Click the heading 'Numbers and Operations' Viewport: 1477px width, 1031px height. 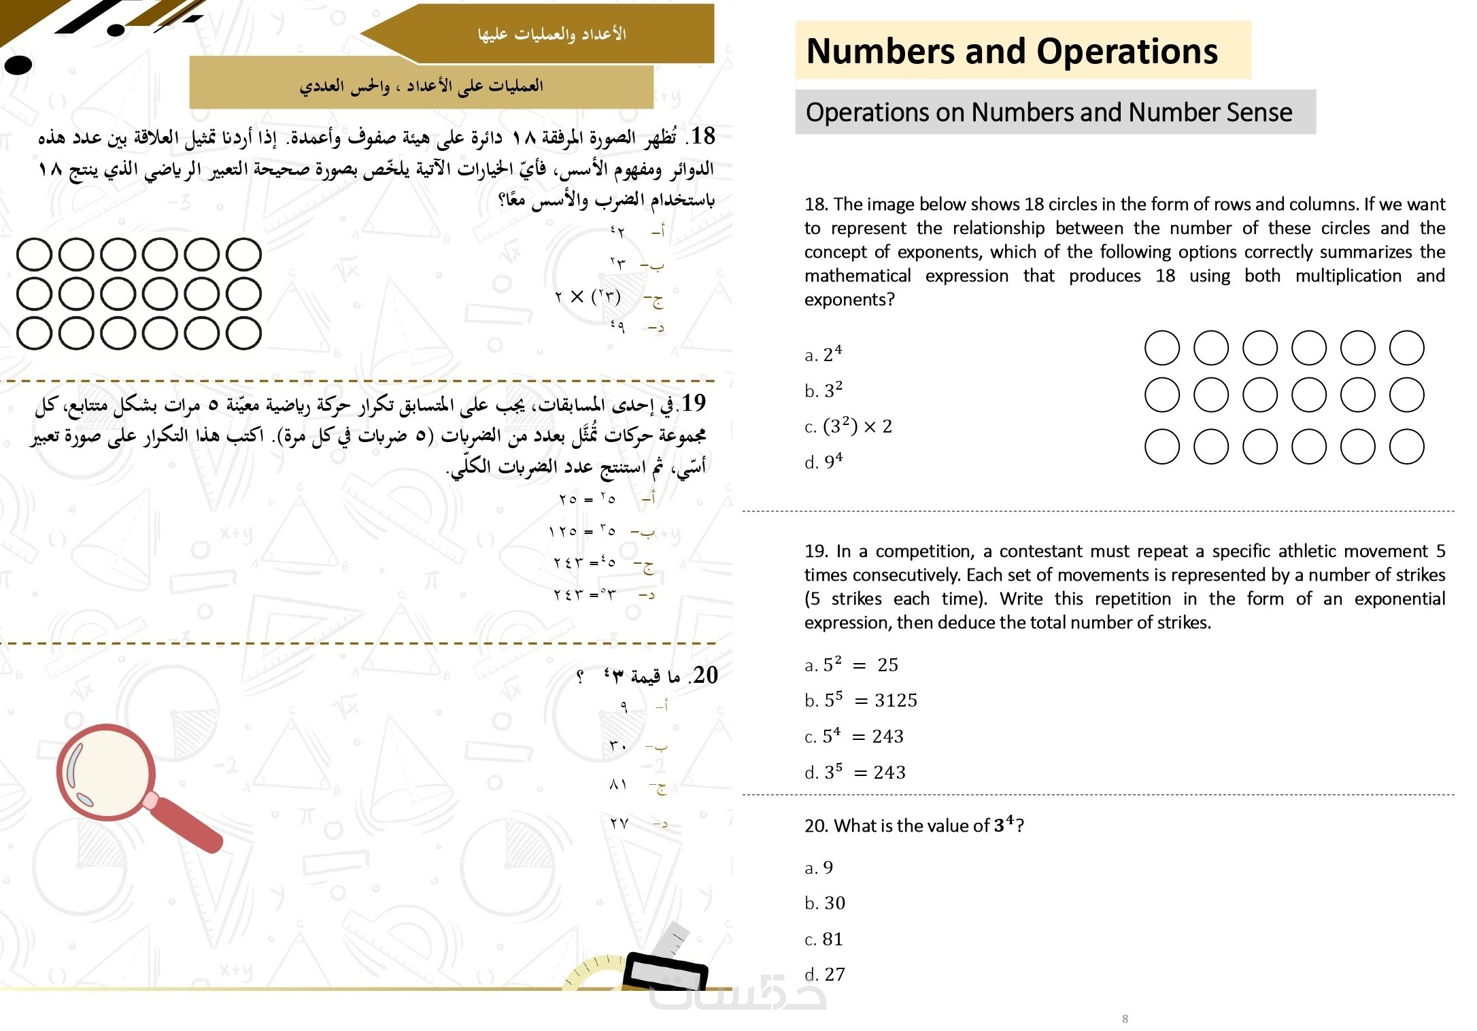1011,51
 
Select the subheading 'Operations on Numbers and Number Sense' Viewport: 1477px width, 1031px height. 1049,112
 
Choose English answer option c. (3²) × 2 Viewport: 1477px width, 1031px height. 848,426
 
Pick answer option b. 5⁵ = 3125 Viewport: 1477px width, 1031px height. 860,700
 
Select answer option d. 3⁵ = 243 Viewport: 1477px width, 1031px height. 855,772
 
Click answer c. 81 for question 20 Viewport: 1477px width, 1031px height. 824,939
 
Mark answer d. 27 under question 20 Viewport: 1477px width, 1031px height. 825,975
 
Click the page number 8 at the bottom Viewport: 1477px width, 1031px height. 1125,1018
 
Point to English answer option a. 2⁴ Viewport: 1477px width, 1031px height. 824,354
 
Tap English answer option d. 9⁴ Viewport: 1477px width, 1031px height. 824,462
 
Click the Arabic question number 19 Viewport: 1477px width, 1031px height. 693,403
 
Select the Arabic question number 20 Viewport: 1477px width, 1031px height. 704,675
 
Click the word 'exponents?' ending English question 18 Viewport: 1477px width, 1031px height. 849,300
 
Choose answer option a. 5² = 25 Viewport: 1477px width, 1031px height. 851,664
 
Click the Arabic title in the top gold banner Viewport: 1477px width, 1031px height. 551,33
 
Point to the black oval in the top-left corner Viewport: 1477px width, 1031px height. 18,65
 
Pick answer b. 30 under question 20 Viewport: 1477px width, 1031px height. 825,903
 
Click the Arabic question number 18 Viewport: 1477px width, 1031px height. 703,136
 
